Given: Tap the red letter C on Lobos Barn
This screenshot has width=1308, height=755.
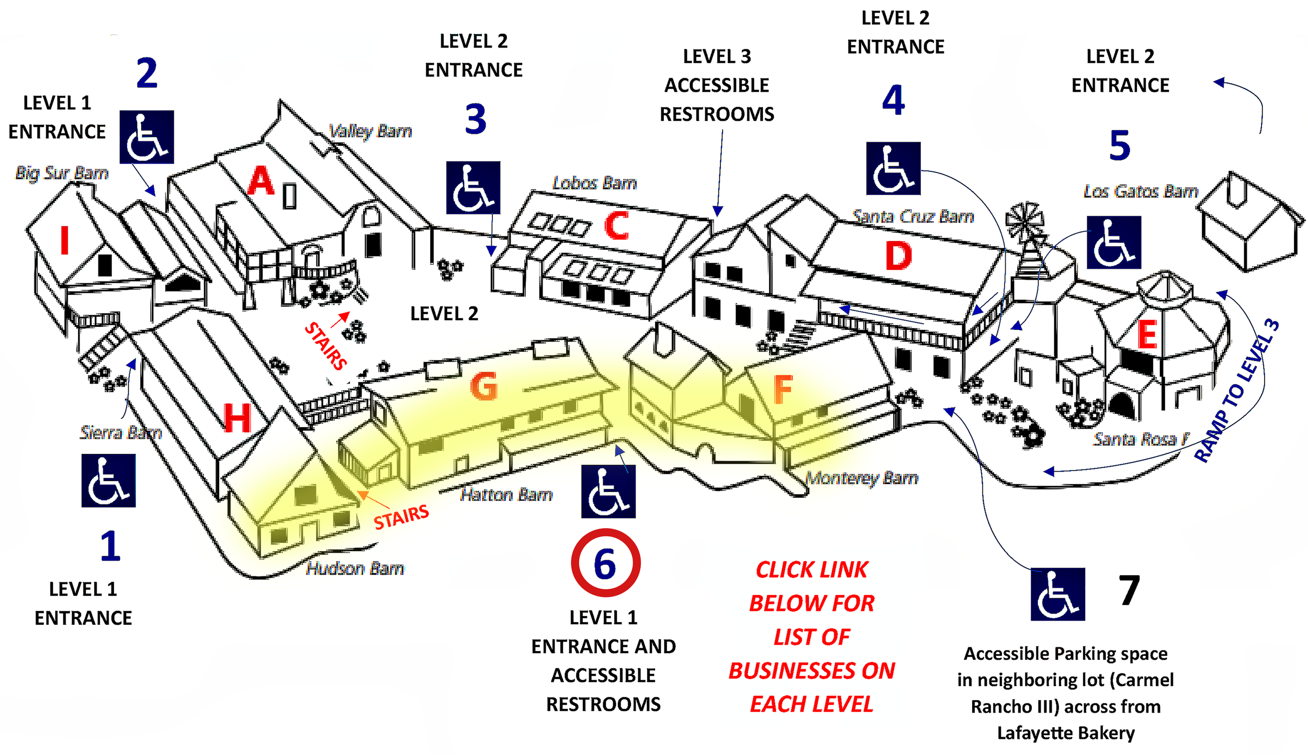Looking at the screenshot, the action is point(616,225).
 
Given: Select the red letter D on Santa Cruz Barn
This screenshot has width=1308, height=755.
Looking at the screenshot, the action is point(898,256).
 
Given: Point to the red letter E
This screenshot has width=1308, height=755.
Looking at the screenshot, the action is point(1147,335).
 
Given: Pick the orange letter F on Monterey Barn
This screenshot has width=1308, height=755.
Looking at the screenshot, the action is point(783,390).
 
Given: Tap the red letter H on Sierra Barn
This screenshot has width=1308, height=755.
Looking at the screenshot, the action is point(237,418).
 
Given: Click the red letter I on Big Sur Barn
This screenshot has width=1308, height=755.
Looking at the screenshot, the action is point(64,240).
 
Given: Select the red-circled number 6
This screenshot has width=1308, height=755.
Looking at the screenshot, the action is point(605,564).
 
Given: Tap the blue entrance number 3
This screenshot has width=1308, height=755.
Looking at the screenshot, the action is point(475,119).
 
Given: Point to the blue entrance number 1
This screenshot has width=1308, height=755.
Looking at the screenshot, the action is point(110,546).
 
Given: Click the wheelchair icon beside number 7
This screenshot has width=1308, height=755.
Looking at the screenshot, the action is point(1057,600).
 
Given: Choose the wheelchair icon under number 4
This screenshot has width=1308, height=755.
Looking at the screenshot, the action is point(893,168).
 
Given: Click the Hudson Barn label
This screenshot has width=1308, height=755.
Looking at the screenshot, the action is point(355,568).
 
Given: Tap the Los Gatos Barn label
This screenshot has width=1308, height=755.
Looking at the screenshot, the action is point(1141,191).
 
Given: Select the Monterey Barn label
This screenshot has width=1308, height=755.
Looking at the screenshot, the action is point(862,478).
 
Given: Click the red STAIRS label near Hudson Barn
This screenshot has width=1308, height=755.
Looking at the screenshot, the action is point(401,517).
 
